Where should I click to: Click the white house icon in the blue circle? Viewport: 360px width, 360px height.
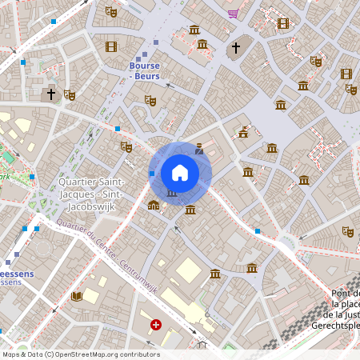click(180, 173)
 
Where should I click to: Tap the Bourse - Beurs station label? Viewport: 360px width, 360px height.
click(145, 71)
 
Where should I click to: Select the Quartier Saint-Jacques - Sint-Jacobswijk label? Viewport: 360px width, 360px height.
click(90, 194)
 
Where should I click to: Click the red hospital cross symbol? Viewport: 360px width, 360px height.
click(156, 325)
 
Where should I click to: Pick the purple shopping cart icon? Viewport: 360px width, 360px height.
click(233, 14)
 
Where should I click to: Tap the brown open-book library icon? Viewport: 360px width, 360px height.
click(77, 296)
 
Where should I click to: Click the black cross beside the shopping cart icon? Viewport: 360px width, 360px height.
click(235, 48)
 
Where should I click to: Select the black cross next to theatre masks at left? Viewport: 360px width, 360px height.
click(51, 94)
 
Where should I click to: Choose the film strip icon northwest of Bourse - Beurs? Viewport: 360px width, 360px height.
click(110, 47)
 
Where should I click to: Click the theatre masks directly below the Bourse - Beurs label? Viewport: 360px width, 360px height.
click(150, 101)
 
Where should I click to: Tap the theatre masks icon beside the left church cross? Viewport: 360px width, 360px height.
click(70, 95)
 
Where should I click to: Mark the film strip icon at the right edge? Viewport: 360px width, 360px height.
click(346, 74)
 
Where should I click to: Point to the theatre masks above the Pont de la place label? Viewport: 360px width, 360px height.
click(347, 231)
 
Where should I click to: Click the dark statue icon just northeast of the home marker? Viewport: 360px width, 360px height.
click(199, 148)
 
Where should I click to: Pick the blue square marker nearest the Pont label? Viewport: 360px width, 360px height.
click(258, 231)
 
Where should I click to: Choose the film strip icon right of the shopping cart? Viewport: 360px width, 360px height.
click(282, 23)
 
